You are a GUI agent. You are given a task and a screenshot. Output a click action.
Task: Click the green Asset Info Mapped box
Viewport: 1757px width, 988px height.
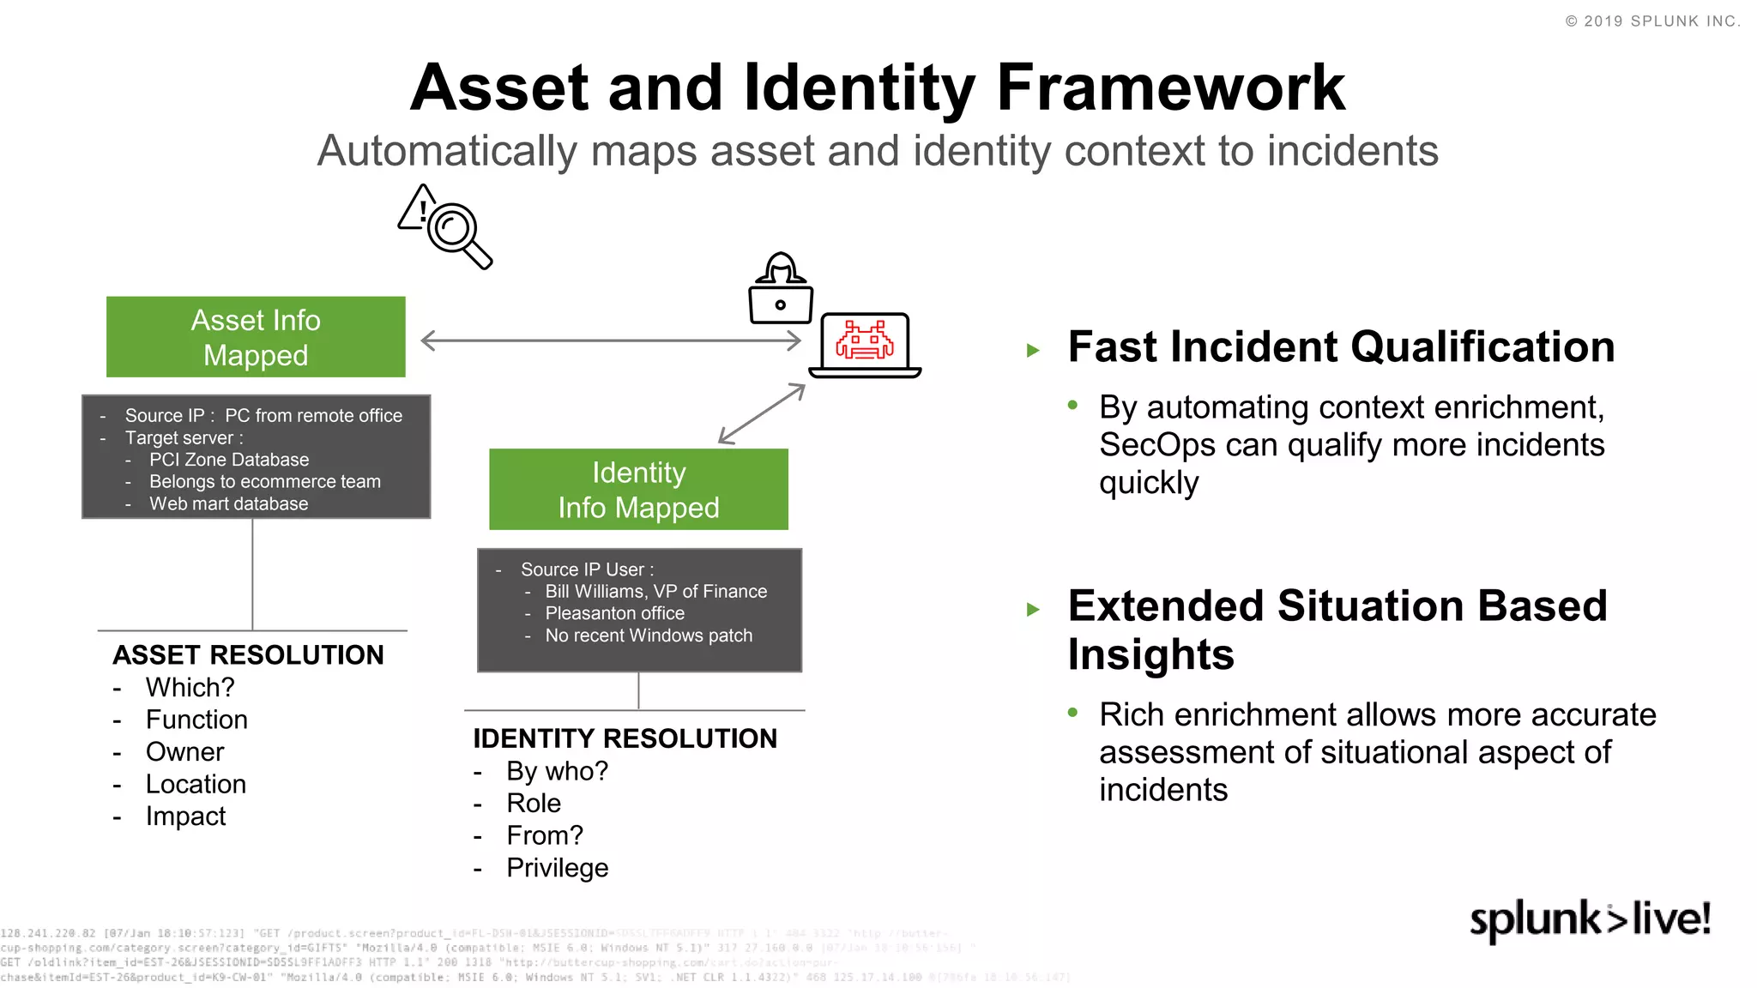(x=256, y=337)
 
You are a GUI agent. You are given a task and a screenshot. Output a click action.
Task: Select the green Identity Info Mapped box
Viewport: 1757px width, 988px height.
(x=638, y=489)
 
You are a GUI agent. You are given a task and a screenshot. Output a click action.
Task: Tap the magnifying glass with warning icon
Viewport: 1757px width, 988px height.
(x=446, y=227)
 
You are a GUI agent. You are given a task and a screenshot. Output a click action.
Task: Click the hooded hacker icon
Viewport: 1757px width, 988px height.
(x=780, y=290)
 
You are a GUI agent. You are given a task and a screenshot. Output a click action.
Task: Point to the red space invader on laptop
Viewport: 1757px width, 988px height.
(x=865, y=340)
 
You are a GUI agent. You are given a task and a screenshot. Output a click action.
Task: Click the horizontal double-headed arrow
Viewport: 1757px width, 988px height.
(x=611, y=340)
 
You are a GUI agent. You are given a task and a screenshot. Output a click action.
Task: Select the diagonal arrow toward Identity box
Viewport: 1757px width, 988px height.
(x=762, y=414)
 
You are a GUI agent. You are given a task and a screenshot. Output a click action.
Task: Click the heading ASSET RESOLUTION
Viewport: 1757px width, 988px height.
(x=248, y=654)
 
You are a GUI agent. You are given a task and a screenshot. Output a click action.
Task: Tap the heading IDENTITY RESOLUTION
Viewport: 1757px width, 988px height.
(x=625, y=738)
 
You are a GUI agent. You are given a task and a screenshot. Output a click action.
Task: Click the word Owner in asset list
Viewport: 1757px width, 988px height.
(x=184, y=752)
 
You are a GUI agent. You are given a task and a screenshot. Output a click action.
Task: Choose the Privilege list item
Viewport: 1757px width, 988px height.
(x=557, y=868)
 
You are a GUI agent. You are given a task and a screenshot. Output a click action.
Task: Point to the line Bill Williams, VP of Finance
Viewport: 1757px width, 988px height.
(x=655, y=591)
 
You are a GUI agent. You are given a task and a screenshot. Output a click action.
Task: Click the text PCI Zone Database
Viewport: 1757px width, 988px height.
(x=229, y=460)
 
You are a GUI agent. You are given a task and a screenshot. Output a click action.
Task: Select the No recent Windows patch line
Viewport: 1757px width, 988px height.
(x=649, y=636)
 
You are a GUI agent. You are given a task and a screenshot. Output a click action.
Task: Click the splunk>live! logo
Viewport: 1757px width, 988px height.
(x=1590, y=919)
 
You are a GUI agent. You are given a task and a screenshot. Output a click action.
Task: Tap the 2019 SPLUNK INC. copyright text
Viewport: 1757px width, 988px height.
(x=1652, y=21)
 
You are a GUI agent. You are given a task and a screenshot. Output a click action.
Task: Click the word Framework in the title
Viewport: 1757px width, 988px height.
(x=1170, y=87)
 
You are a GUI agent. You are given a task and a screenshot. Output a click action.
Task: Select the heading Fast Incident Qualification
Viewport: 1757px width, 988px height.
(x=1341, y=347)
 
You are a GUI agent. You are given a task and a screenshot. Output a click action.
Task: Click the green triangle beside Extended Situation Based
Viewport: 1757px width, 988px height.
(x=1033, y=610)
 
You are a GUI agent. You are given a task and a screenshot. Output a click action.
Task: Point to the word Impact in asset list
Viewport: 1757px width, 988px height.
(x=185, y=816)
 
